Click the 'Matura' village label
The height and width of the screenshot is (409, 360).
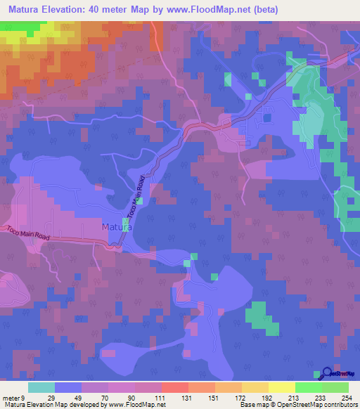pos(116,227)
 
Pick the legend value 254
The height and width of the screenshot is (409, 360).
pos(346,398)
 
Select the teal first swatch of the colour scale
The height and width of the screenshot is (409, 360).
pos(41,387)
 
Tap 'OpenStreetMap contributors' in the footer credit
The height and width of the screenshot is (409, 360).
pos(319,405)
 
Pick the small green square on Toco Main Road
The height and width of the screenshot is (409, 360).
pos(139,202)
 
